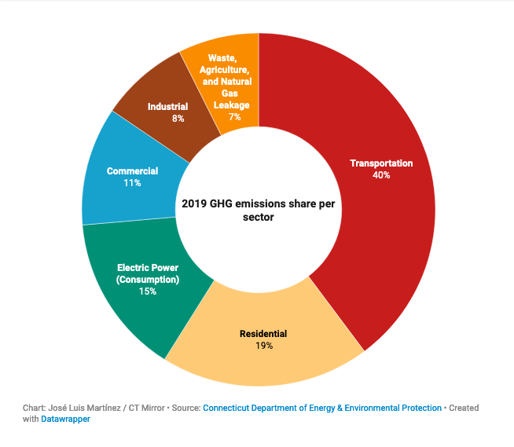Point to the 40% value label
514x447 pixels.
point(381,175)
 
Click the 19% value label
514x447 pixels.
point(263,346)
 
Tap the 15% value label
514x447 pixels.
point(148,291)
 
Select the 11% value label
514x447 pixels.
point(132,183)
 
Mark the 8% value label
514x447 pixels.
point(178,119)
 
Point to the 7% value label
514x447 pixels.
point(233,117)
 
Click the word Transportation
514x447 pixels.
point(381,163)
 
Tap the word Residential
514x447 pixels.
point(263,334)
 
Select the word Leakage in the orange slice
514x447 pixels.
point(233,105)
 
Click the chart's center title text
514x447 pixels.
point(258,210)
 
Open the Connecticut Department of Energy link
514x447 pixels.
point(322,408)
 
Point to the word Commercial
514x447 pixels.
point(132,171)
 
